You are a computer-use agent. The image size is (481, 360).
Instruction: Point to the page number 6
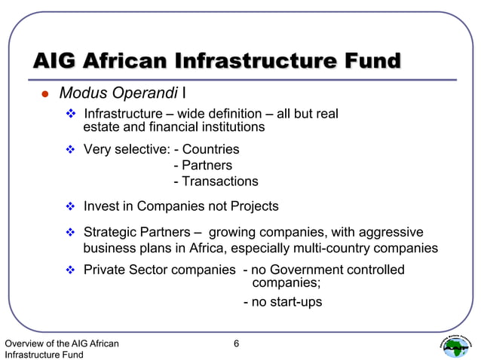(x=236, y=344)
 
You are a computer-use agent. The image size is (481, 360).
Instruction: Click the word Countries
(x=211, y=149)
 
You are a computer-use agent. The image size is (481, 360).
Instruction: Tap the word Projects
(x=252, y=206)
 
